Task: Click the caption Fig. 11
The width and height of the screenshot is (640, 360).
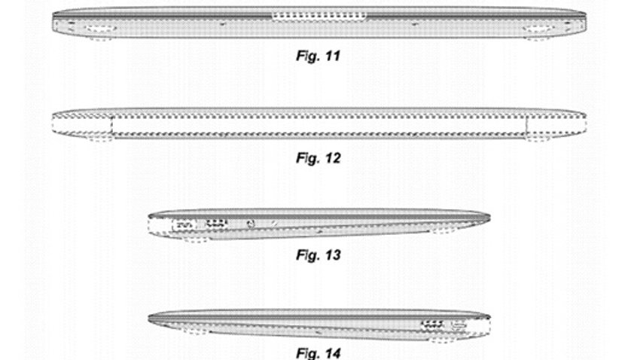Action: pos(318,56)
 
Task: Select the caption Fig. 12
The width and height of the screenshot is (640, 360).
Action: pos(318,157)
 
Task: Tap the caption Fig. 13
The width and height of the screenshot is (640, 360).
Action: pos(318,255)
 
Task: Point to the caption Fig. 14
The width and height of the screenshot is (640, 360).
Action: pos(318,353)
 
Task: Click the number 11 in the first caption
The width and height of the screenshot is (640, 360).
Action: pos(333,56)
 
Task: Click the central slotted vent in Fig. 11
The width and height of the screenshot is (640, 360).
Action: pos(319,17)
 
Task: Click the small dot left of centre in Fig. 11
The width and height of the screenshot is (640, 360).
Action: pos(222,24)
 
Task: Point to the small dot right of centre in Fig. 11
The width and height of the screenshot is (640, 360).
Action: pos(415,24)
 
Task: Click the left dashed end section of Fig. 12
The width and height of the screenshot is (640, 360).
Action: pos(82,125)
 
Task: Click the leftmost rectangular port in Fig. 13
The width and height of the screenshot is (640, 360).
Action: pos(184,224)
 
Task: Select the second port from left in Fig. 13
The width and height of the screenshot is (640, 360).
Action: pos(216,224)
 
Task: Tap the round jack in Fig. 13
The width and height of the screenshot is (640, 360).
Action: pos(251,224)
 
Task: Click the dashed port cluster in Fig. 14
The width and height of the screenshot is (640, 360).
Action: pos(434,325)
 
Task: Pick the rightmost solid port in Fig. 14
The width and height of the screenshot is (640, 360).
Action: pos(459,325)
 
